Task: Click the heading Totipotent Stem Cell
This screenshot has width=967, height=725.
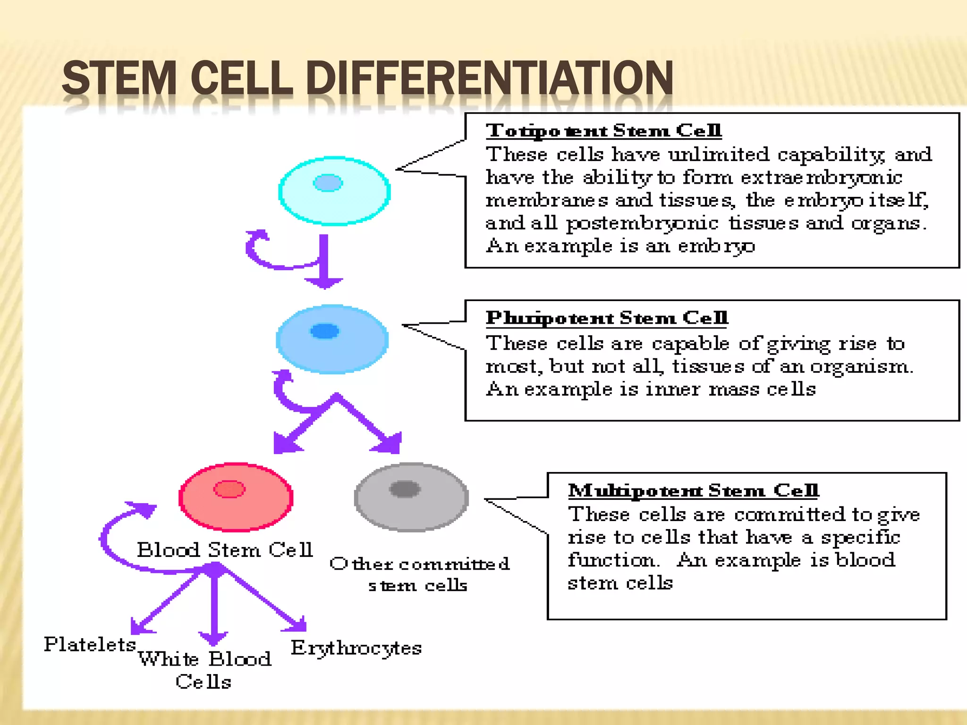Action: (603, 130)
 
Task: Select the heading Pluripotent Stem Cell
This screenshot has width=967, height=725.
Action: (607, 318)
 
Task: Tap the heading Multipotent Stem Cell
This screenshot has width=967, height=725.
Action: (693, 490)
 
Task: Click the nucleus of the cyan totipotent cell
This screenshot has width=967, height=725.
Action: (328, 183)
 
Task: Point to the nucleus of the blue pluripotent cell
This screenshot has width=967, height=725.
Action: (325, 331)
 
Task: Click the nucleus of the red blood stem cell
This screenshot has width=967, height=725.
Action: (229, 489)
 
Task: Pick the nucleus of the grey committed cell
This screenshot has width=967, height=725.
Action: (405, 489)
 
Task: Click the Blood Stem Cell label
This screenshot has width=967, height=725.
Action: (225, 550)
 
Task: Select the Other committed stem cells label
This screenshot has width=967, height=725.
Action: (419, 574)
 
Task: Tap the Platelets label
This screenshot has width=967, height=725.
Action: (90, 644)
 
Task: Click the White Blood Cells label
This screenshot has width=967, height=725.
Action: (204, 670)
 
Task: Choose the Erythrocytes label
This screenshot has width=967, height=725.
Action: (356, 648)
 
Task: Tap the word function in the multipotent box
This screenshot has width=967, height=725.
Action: (611, 560)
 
